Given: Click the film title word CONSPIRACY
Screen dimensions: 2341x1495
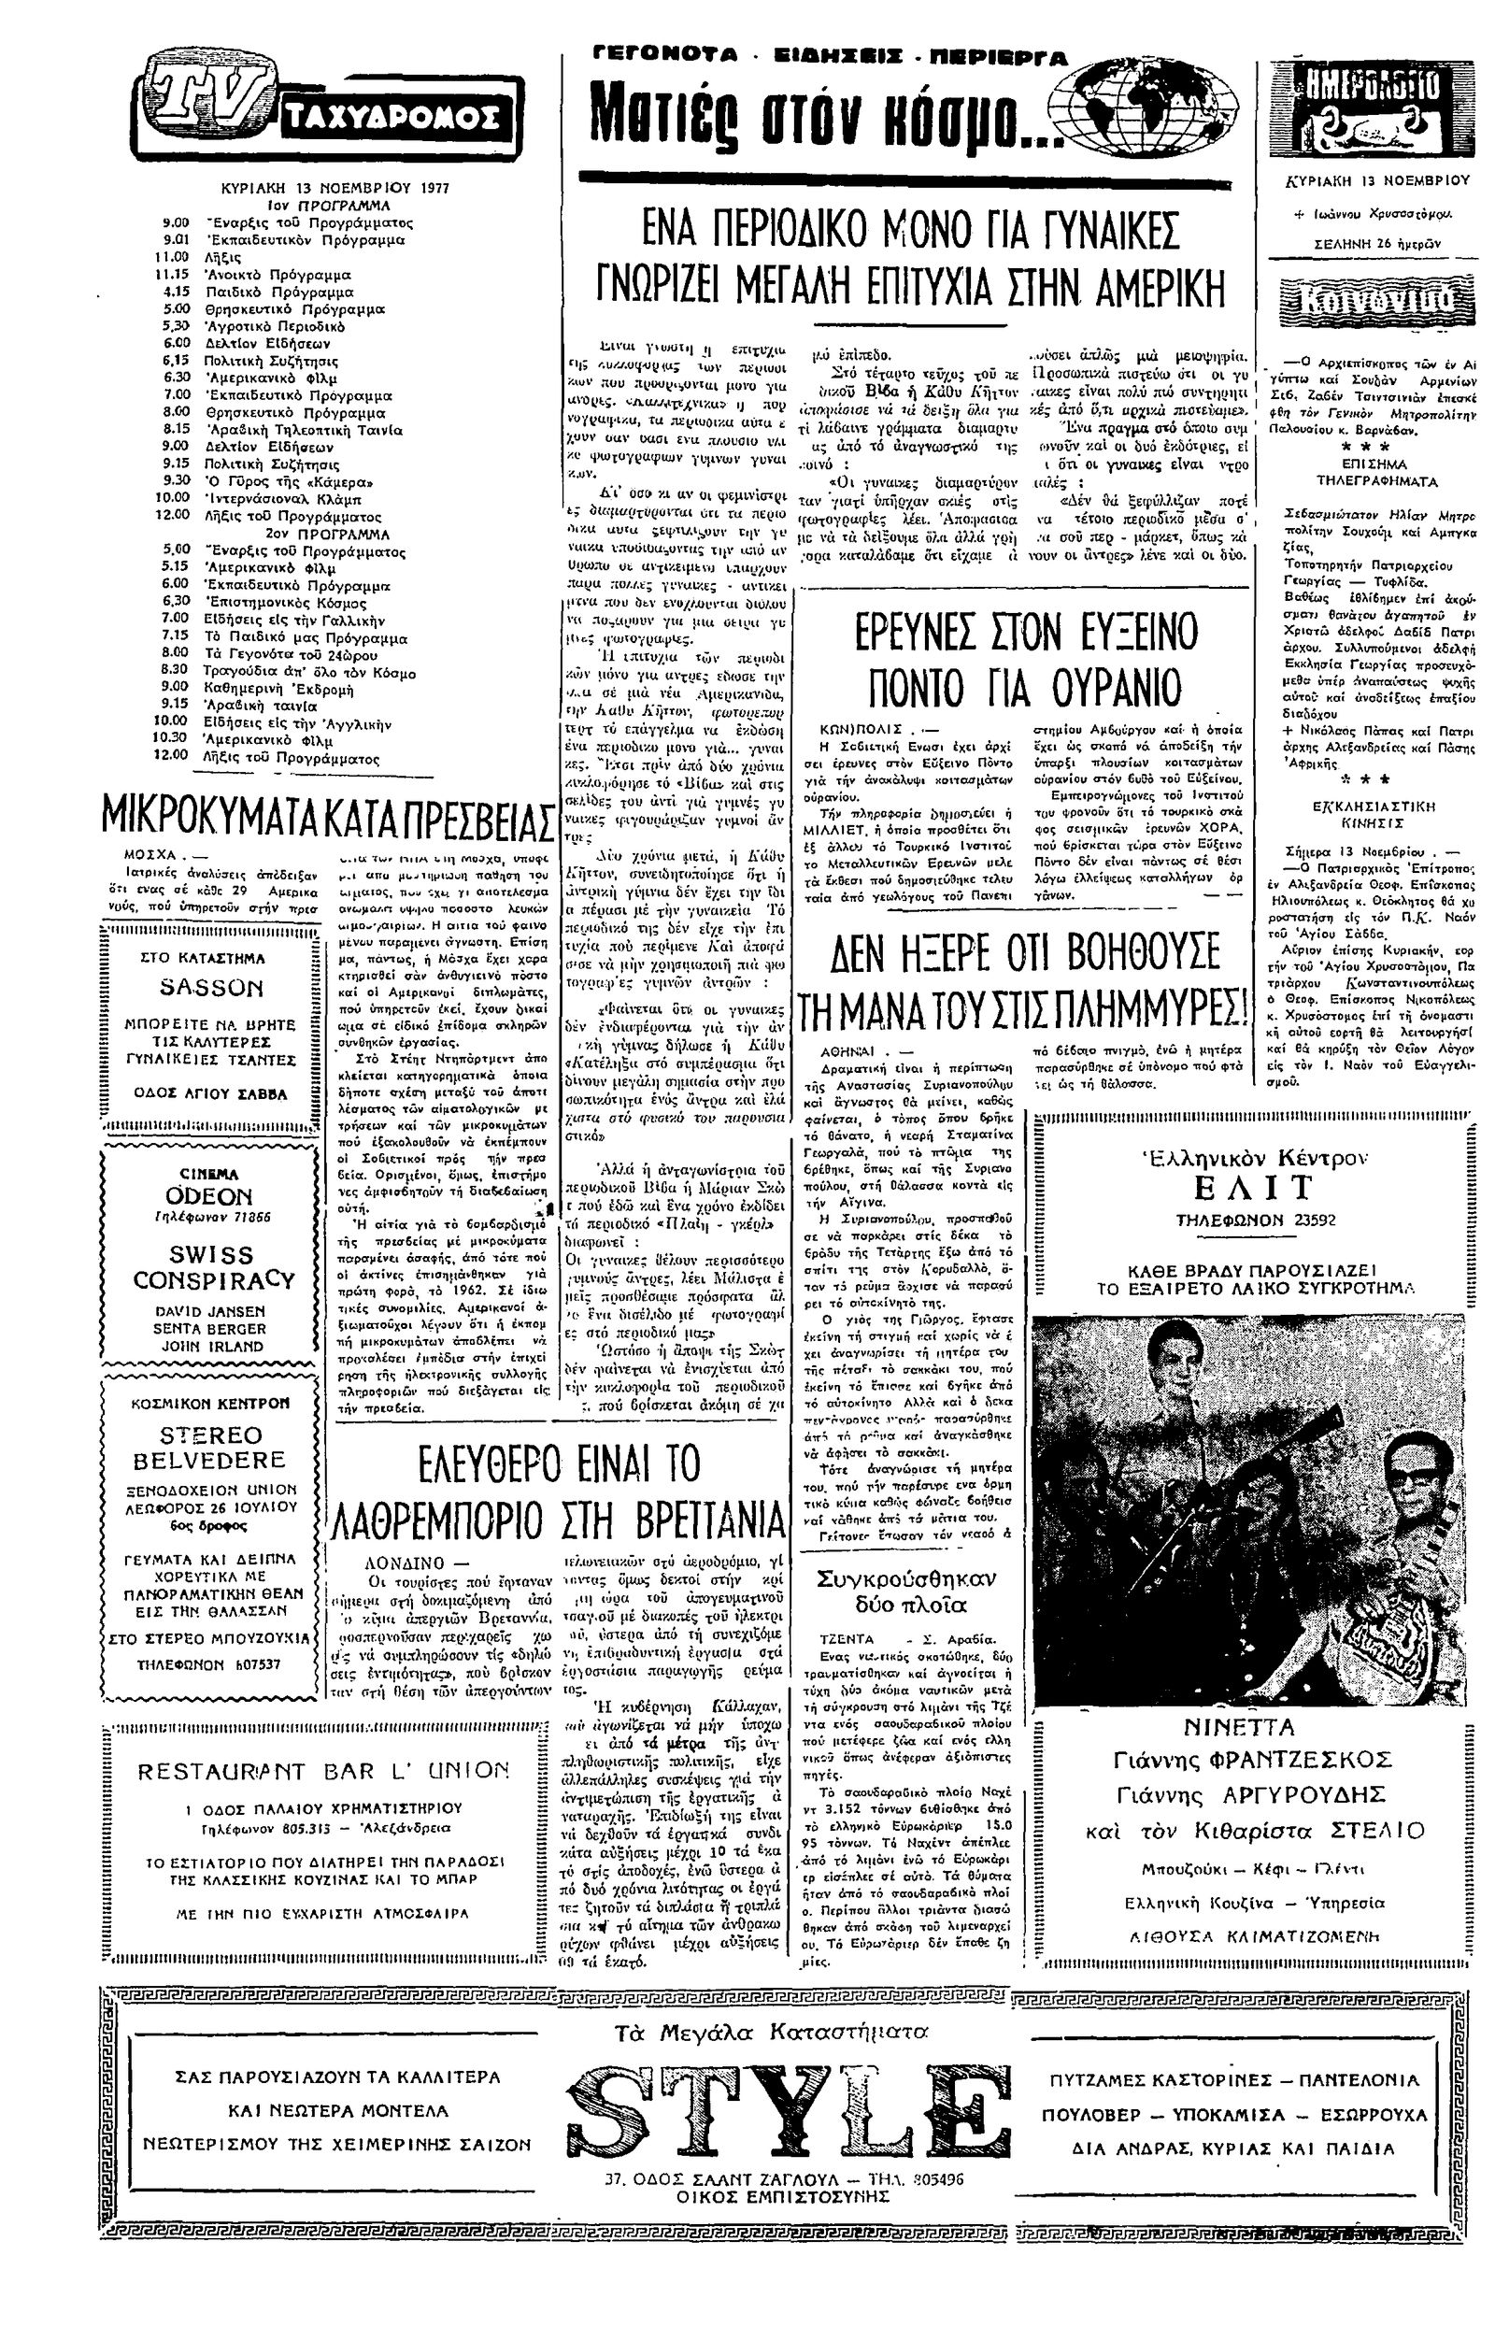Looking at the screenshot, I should (214, 1279).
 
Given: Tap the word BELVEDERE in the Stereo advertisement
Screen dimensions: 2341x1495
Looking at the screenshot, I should (210, 1461).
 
